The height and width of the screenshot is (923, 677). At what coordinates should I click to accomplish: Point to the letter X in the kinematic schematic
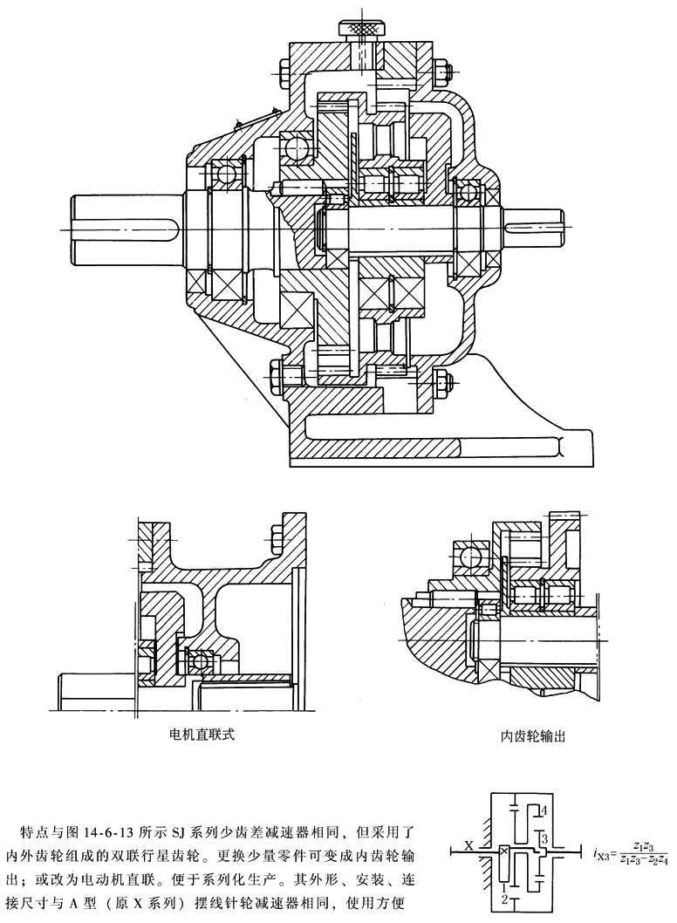click(468, 844)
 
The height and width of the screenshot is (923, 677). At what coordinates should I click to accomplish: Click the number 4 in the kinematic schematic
click(543, 810)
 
